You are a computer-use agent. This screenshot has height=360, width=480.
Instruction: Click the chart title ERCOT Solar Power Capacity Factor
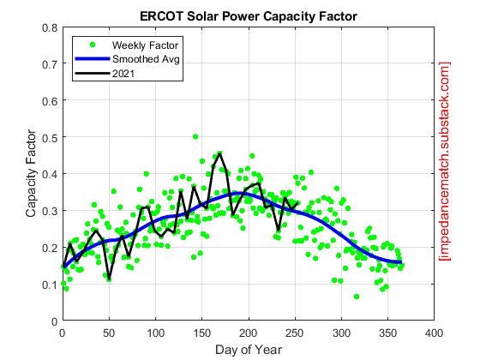[x=248, y=16]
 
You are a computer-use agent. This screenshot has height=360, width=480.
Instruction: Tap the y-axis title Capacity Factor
[x=32, y=174]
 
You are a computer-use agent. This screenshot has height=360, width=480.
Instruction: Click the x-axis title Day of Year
[x=248, y=349]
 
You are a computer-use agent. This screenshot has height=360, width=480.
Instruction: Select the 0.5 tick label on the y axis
[x=51, y=137]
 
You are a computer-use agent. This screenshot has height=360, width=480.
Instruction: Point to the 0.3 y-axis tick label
[x=51, y=211]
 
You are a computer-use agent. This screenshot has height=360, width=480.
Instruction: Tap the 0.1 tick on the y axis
[x=51, y=285]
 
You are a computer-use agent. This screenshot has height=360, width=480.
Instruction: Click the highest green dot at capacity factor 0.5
[x=195, y=136]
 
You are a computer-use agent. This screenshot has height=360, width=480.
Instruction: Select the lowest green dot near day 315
[x=357, y=297]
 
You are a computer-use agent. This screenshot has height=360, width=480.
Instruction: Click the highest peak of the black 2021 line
[x=220, y=153]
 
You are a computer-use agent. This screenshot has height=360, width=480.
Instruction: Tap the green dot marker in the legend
[x=92, y=45]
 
